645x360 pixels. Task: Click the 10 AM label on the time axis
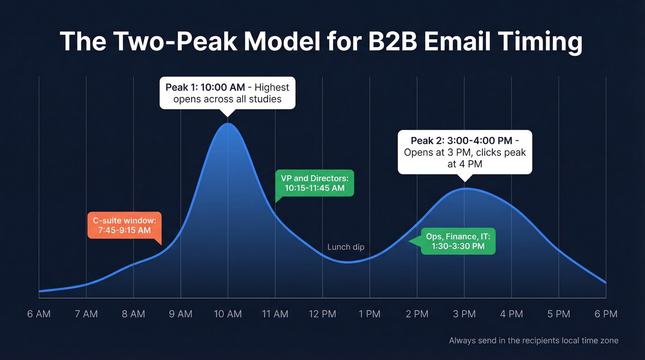tap(228, 314)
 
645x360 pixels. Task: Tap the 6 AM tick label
tap(39, 314)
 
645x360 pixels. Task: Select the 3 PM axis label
tap(464, 314)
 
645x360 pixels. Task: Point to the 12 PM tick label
tap(322, 314)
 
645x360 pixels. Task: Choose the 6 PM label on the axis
tap(605, 314)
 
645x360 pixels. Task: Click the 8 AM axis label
tap(133, 314)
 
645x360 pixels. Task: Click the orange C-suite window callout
tap(124, 225)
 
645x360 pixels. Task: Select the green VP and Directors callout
tap(314, 183)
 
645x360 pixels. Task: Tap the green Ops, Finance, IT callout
tap(458, 241)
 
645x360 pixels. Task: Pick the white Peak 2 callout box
tap(464, 152)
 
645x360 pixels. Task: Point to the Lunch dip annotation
tap(346, 247)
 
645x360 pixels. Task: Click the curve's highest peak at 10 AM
tap(228, 124)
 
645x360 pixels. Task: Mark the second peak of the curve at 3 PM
tap(464, 189)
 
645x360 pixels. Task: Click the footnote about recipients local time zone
tap(534, 341)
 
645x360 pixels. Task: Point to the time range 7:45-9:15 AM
tap(124, 230)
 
